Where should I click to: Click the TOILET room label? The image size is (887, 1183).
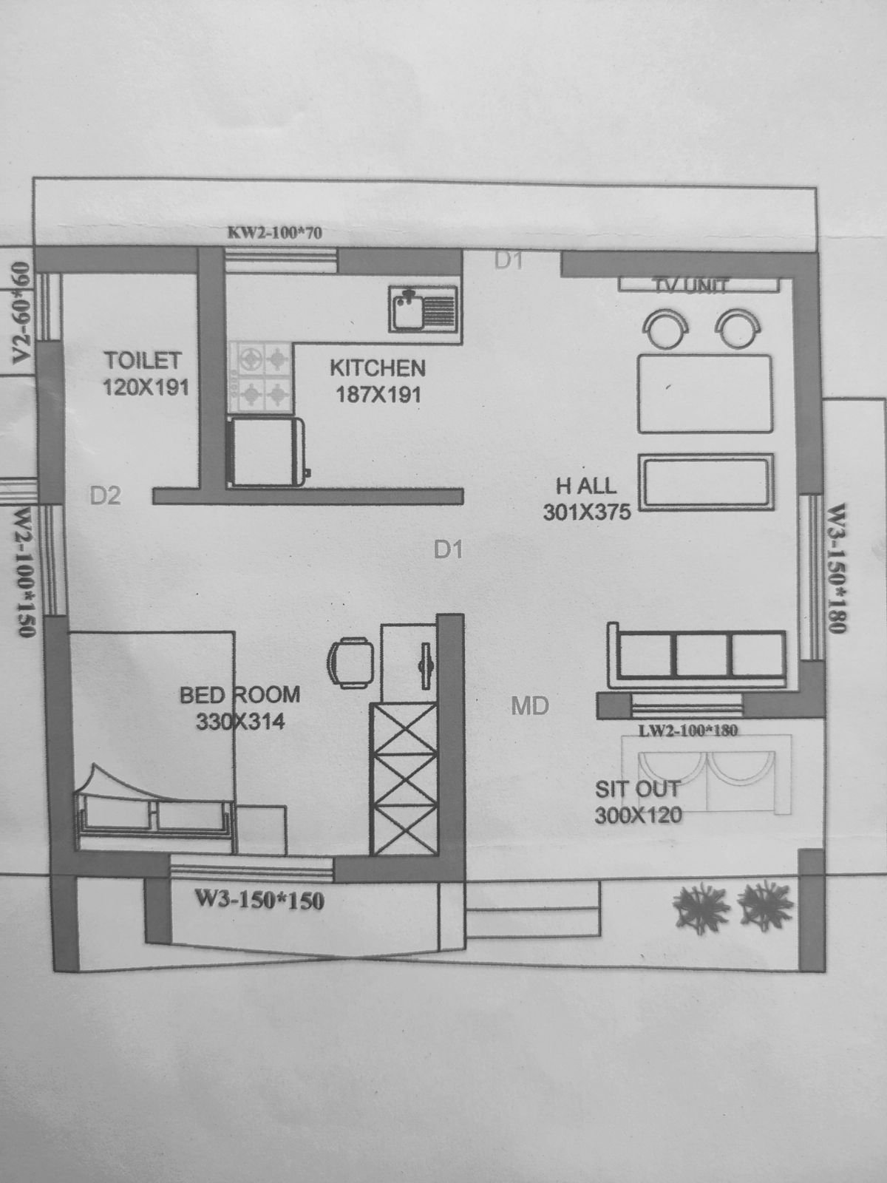(143, 361)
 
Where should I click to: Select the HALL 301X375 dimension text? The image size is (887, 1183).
(587, 512)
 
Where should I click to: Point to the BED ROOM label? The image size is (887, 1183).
(240, 695)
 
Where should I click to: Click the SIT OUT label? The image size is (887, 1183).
(637, 789)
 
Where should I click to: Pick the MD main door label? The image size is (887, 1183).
(530, 706)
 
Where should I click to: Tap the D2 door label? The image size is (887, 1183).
(105, 495)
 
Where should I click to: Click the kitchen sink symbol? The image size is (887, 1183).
(424, 310)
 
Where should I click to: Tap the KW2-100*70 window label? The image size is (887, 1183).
(275, 234)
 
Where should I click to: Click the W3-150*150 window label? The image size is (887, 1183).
(259, 900)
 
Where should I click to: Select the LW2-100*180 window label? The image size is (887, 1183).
(689, 731)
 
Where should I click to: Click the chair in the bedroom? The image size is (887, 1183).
(349, 662)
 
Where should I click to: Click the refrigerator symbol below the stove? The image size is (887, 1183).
(268, 451)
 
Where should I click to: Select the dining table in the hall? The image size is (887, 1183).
(704, 393)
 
